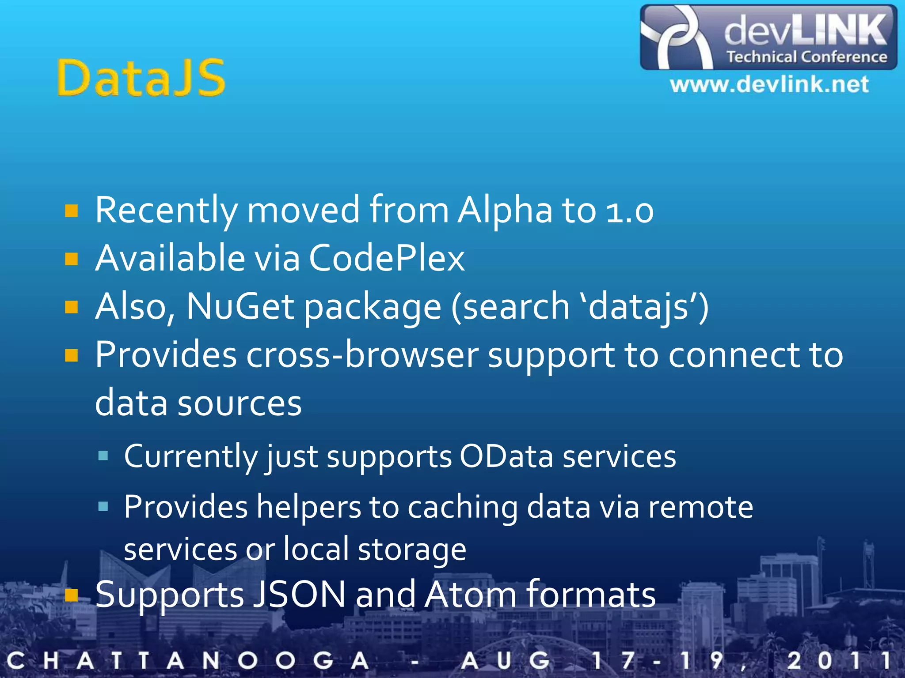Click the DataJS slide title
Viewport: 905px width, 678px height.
point(141,78)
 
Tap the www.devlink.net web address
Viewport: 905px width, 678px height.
point(769,84)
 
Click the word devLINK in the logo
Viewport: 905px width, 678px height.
point(806,30)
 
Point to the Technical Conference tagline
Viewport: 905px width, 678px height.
point(807,57)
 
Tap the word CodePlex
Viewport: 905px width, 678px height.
point(387,258)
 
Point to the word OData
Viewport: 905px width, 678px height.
point(506,456)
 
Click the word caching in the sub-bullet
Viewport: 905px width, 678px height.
point(462,507)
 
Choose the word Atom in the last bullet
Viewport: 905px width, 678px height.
point(470,594)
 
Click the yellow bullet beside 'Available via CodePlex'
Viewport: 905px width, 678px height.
point(71,259)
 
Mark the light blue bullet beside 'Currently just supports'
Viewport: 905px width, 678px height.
point(103,456)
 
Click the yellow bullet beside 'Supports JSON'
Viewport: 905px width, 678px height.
point(71,595)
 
